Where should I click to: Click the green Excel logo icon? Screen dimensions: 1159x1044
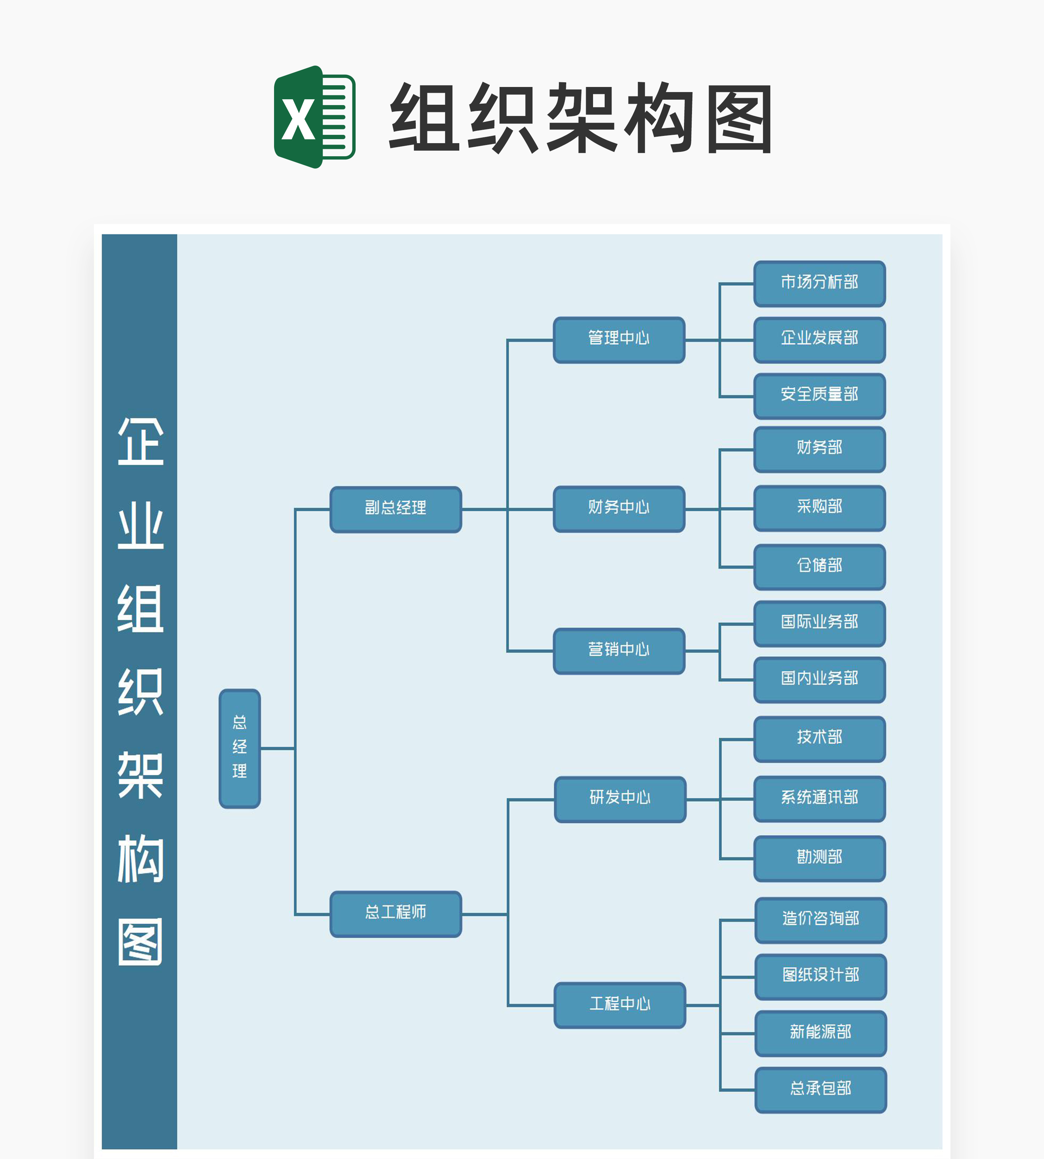314,117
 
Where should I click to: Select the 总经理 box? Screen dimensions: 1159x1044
240,748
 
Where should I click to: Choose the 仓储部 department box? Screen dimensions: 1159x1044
819,566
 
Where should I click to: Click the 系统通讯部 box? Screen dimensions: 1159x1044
819,798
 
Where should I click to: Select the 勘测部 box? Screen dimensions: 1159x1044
819,858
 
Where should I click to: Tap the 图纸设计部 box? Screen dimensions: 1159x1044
821,976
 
